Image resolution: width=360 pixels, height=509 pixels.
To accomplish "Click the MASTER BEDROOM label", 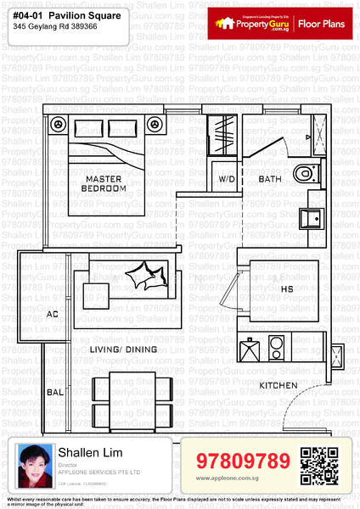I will [x=105, y=183].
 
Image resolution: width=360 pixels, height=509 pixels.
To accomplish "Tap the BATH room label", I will [x=270, y=179].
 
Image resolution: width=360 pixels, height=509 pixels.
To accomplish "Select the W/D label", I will [x=227, y=180].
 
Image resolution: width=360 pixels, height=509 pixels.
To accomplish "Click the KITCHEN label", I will [x=278, y=385].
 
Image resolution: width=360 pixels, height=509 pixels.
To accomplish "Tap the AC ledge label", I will [x=53, y=314].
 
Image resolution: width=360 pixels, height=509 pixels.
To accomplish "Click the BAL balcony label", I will [x=54, y=393].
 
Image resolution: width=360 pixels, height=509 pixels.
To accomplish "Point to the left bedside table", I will [x=58, y=125].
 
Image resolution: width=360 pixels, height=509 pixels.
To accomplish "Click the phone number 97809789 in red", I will [x=243, y=461].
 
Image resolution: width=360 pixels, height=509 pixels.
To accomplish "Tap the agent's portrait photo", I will [x=32, y=465].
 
